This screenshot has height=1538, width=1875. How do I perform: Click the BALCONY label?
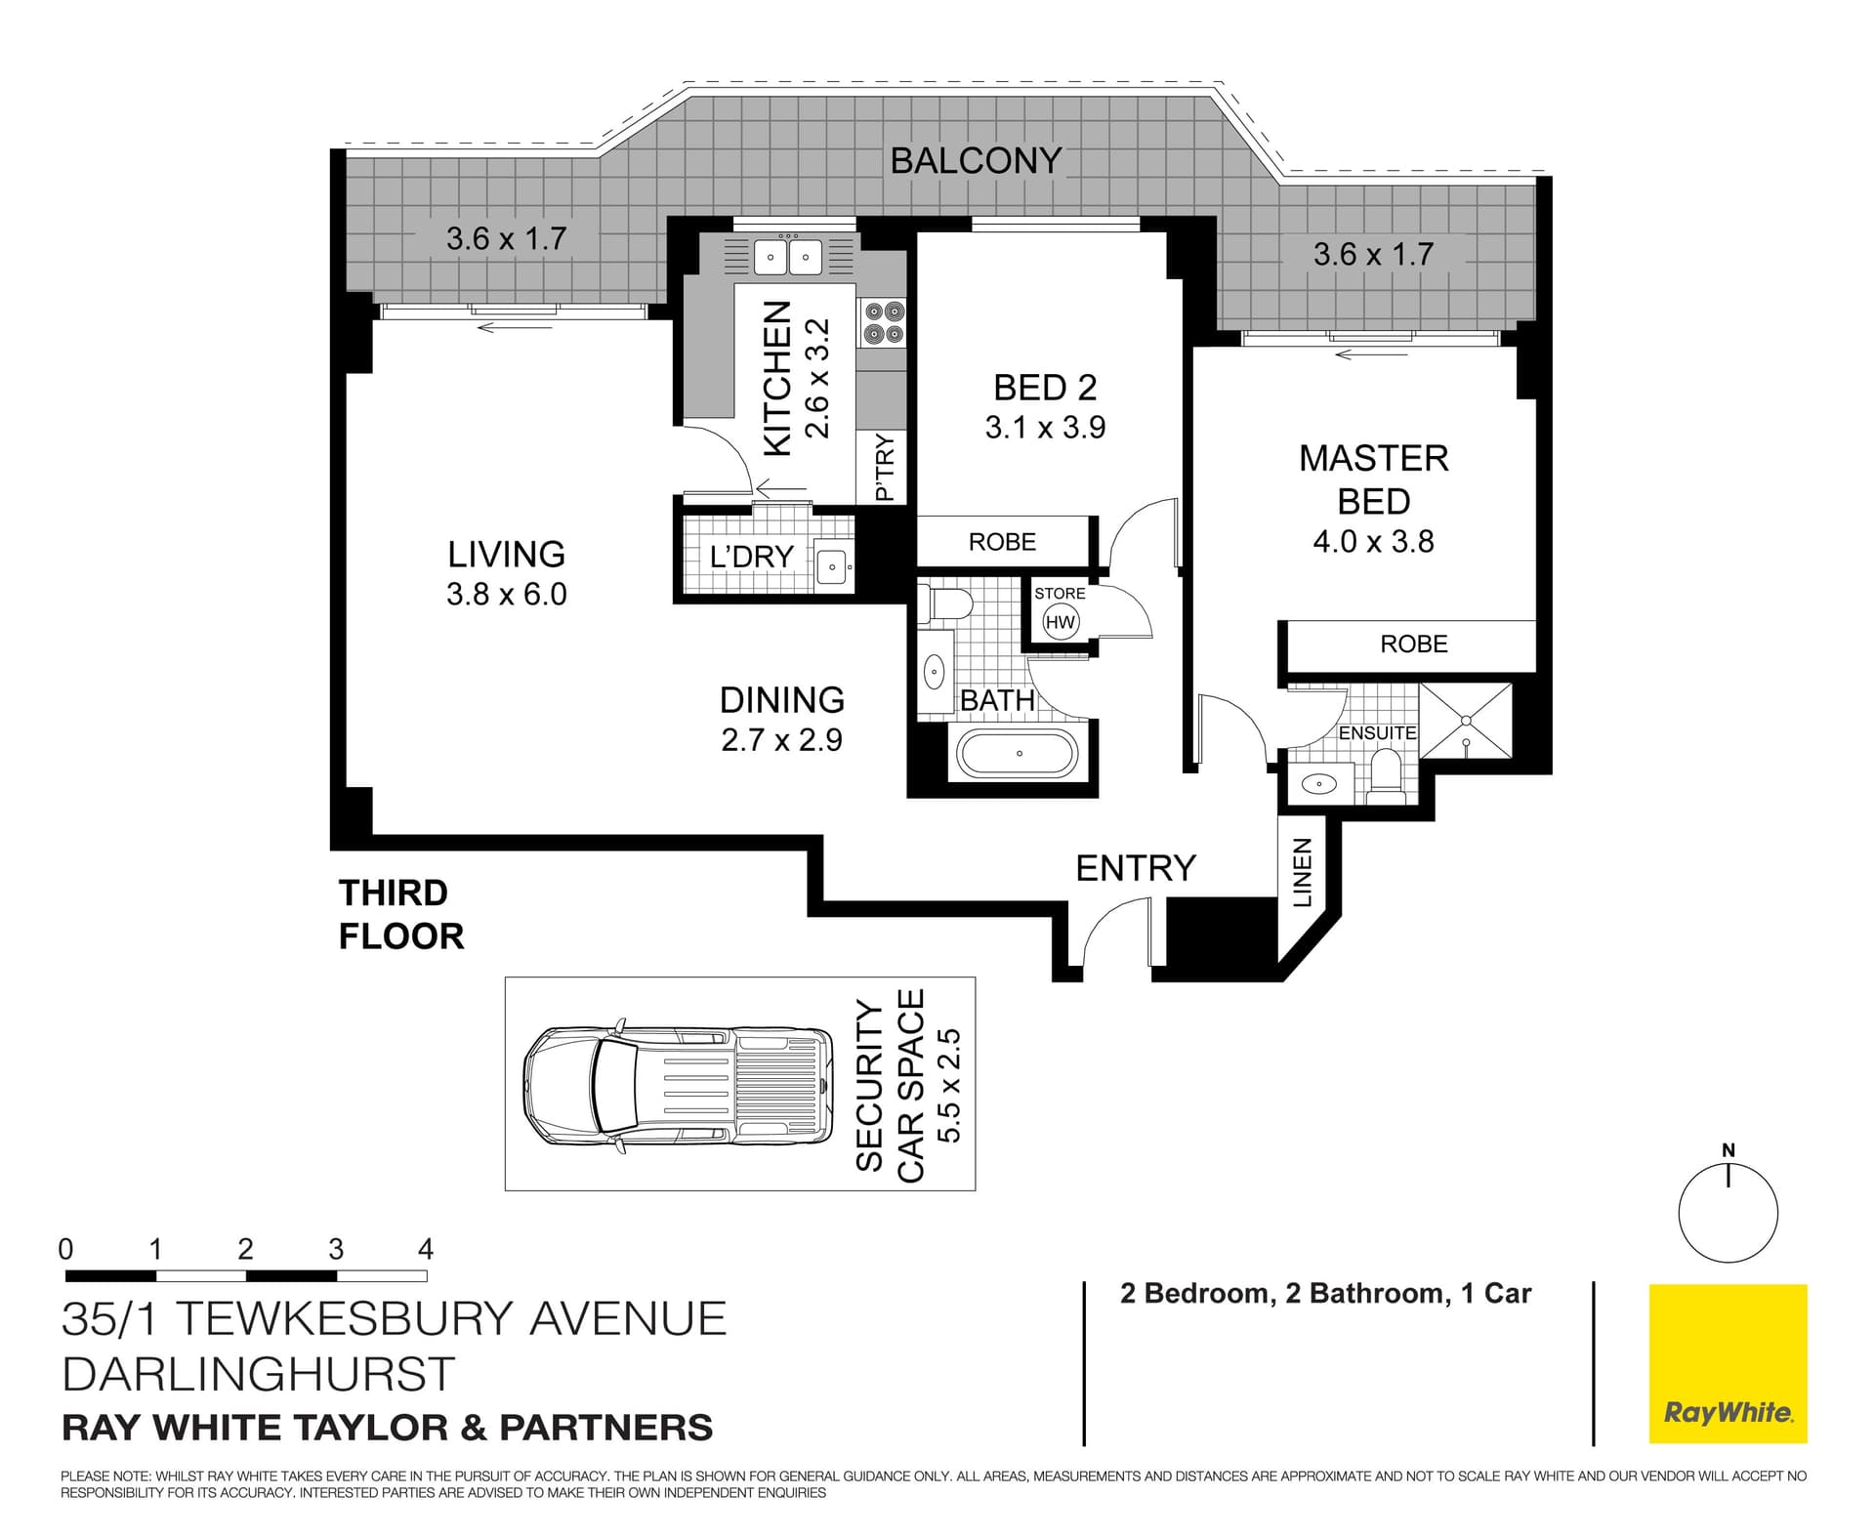pos(976,160)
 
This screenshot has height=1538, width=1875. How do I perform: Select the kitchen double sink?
pos(787,258)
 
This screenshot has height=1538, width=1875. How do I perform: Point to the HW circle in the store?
pos(1060,622)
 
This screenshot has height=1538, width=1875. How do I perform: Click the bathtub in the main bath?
pos(1018,754)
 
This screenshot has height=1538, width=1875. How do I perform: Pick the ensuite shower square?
pos(1466,721)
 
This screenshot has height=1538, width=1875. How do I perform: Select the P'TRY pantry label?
pos(885,468)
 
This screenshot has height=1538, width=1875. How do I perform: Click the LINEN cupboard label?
pos(1302,872)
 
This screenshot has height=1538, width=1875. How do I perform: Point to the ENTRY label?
pos(1136,867)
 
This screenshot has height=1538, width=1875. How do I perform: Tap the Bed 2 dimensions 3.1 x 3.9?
pos(1045,428)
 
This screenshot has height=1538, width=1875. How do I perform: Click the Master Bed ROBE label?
pos(1414,644)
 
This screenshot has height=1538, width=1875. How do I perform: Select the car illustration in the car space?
pos(679,1084)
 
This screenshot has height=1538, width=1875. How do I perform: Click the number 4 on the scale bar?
pos(426,1249)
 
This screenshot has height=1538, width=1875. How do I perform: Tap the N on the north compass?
pos(1729,1150)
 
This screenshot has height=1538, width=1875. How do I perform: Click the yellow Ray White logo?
pos(1729,1363)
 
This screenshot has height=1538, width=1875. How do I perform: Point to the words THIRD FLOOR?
pos(401,914)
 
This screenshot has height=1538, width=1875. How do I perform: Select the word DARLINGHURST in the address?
pos(259,1374)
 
